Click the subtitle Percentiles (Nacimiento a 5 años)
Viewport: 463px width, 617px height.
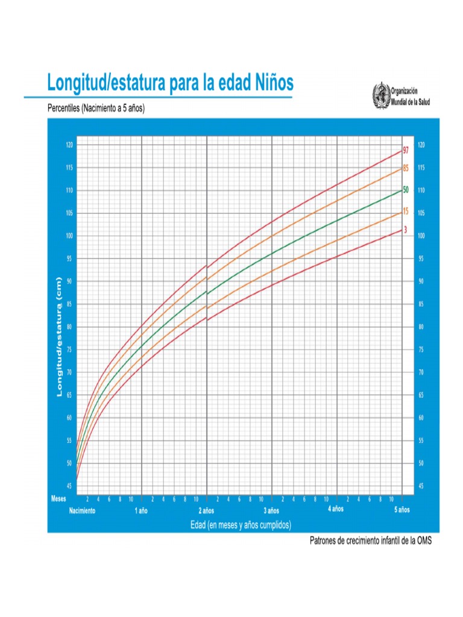(x=96, y=109)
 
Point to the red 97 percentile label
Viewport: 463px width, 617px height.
(x=406, y=150)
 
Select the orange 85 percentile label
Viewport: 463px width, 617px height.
(x=406, y=168)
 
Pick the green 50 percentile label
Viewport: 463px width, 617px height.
(x=406, y=189)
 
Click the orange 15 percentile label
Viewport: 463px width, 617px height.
(x=405, y=211)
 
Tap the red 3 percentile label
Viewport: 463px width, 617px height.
(x=405, y=230)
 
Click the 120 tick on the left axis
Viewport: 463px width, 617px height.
(x=69, y=145)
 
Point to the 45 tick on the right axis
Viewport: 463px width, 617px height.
(x=420, y=486)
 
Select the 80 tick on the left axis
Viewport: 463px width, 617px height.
(x=69, y=327)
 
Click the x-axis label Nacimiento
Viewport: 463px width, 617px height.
(x=82, y=510)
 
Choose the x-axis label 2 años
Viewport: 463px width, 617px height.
(x=206, y=510)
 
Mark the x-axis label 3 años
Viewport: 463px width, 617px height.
(x=271, y=510)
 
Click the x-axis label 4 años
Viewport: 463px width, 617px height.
(x=336, y=509)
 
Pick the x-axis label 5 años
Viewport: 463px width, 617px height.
(x=402, y=510)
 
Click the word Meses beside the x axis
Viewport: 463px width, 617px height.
(x=58, y=499)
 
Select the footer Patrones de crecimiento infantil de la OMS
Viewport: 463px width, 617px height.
(x=370, y=540)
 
